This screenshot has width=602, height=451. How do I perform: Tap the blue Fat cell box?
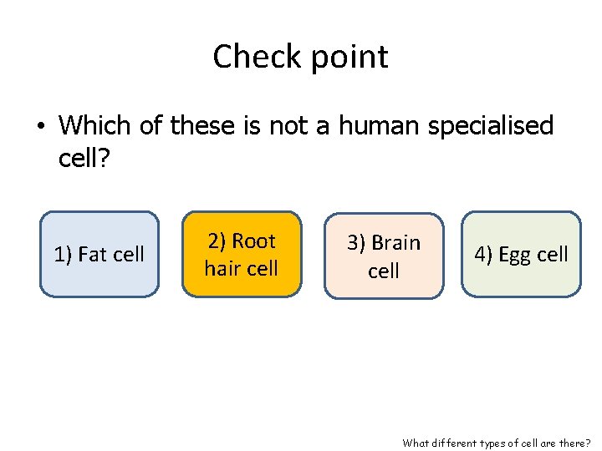(x=99, y=254)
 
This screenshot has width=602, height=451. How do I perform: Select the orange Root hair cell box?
(x=242, y=254)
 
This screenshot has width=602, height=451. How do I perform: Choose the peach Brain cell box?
(x=385, y=256)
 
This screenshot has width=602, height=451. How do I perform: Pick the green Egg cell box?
(x=521, y=254)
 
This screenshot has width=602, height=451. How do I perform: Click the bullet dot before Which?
(x=40, y=127)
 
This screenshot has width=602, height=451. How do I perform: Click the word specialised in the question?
(x=490, y=125)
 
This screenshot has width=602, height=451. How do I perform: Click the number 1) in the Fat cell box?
(x=64, y=255)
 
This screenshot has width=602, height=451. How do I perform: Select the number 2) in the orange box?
(x=217, y=241)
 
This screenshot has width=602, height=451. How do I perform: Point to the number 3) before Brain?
(x=357, y=243)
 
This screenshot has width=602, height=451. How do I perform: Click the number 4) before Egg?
(x=484, y=255)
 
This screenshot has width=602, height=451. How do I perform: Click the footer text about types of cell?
(x=497, y=443)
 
